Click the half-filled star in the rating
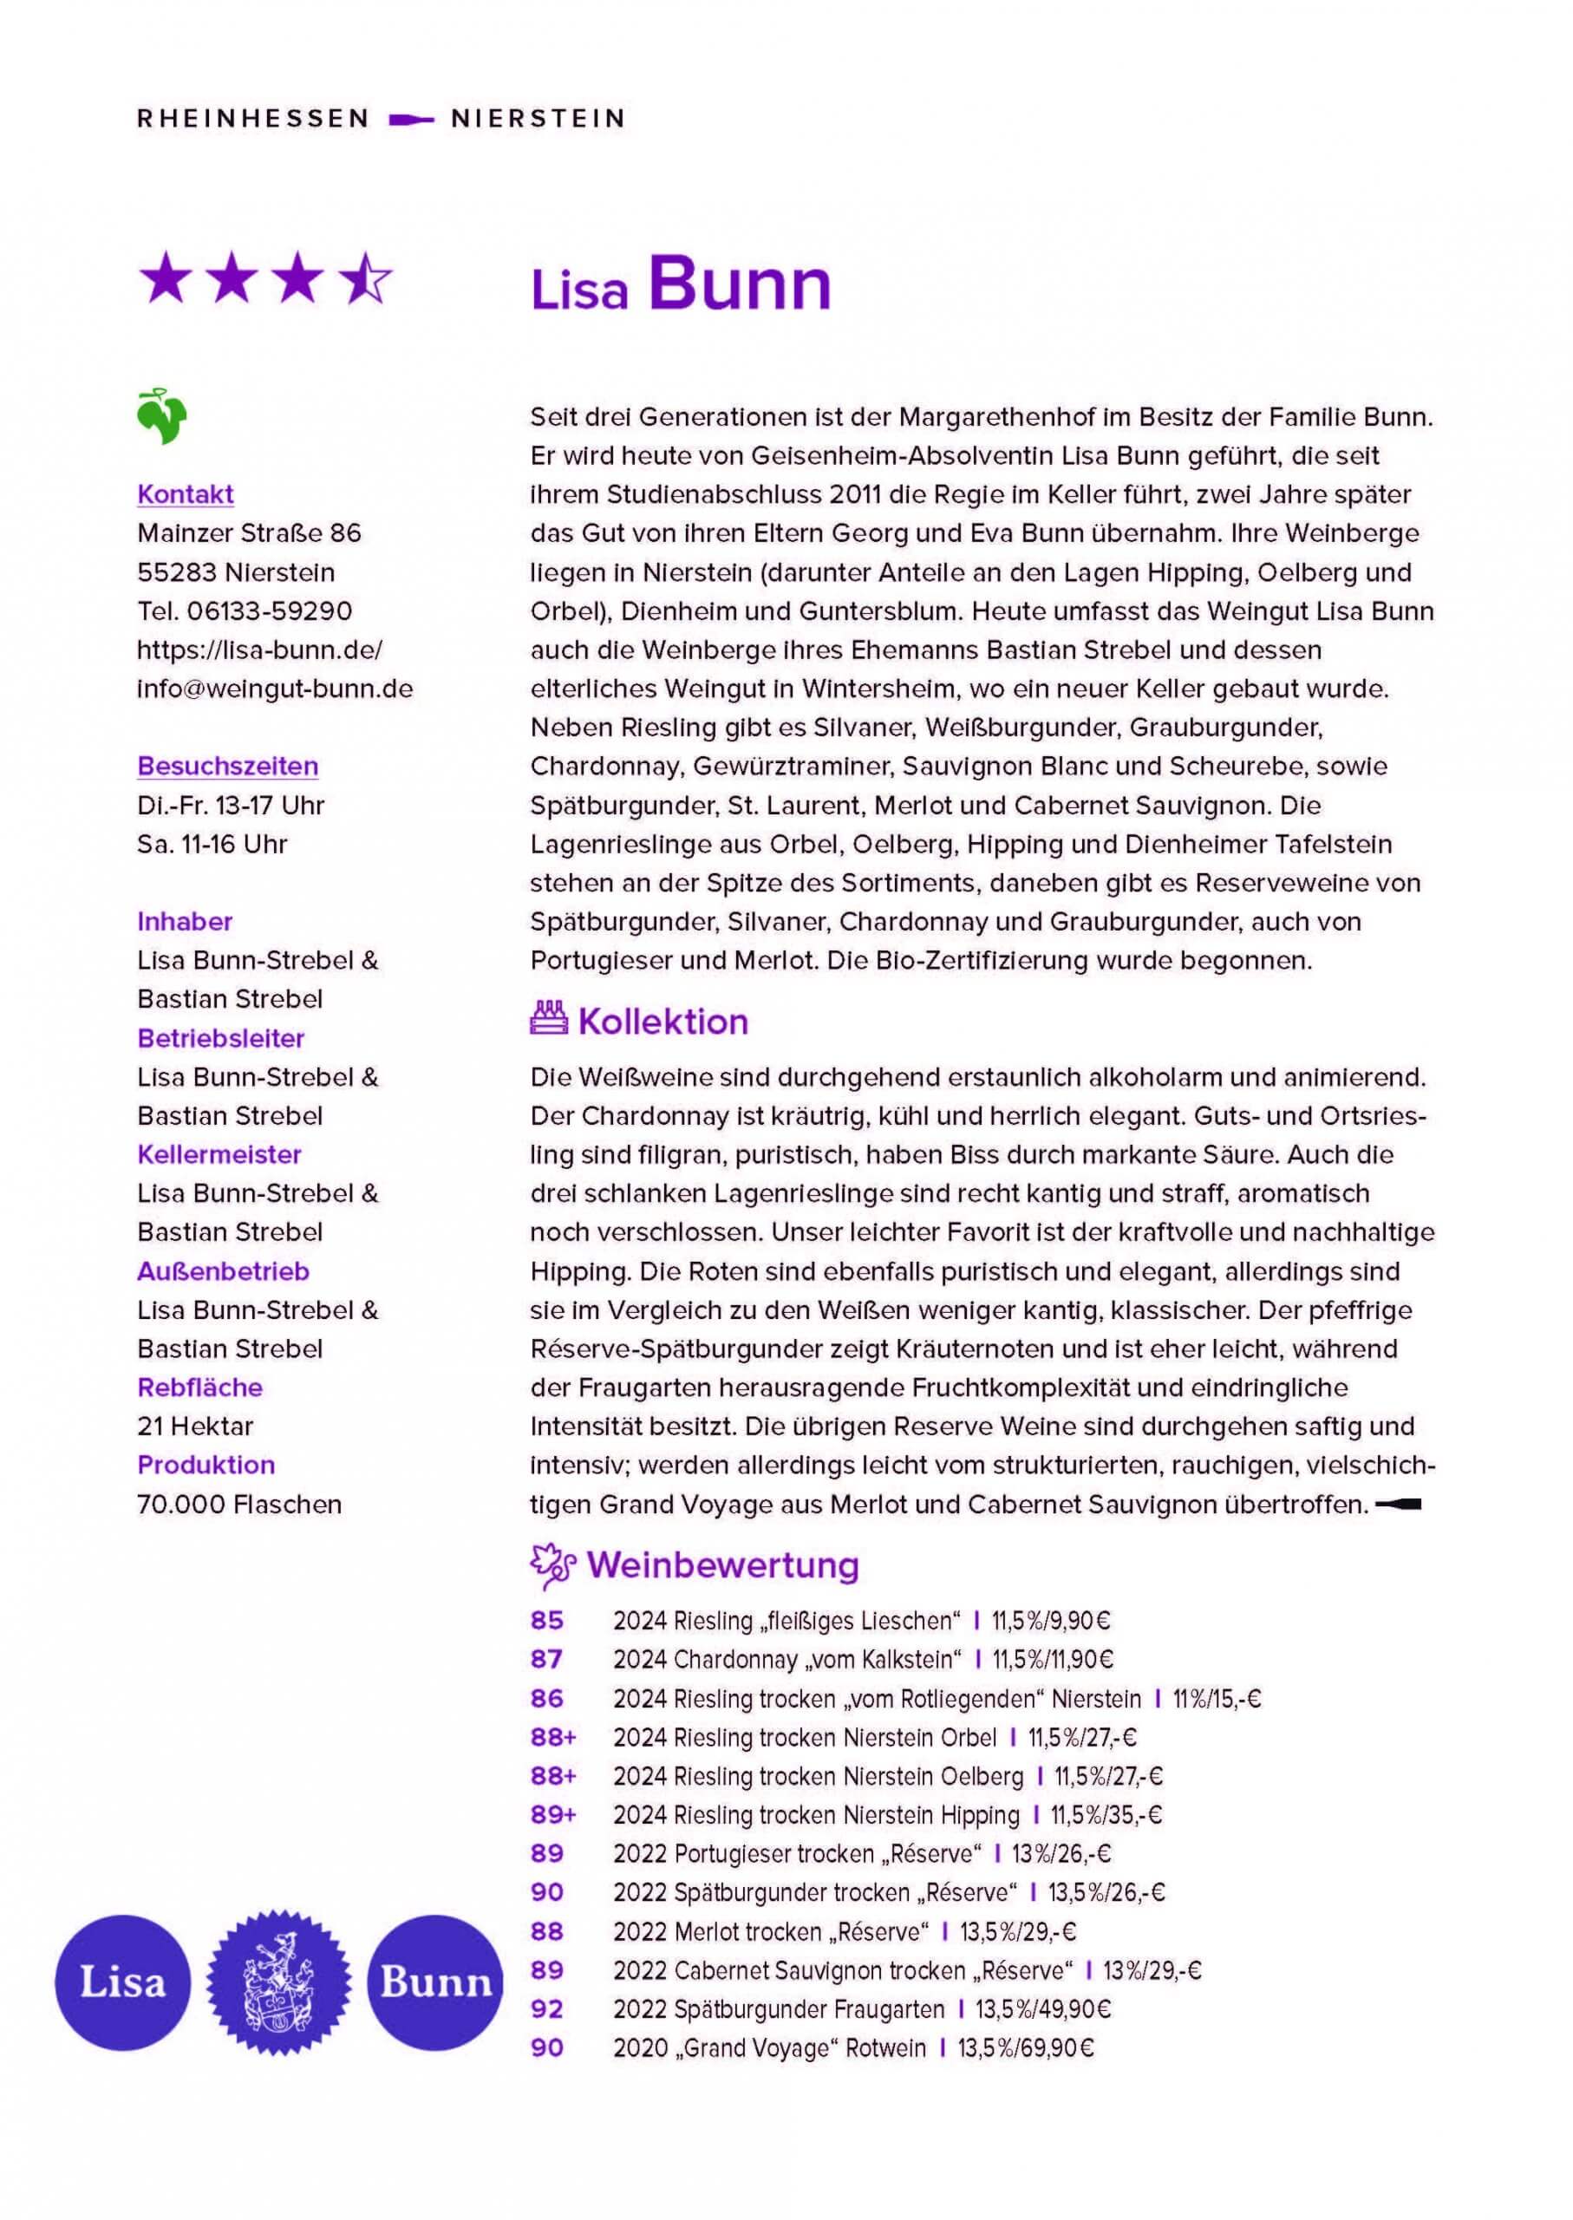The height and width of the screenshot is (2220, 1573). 366,279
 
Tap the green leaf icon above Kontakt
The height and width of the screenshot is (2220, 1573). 162,416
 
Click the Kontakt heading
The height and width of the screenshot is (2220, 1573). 185,494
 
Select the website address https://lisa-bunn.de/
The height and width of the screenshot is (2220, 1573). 258,649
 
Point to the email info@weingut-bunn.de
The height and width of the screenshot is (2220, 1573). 274,689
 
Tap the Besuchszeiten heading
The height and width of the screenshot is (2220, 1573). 226,766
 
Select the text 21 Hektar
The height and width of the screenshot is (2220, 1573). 195,1426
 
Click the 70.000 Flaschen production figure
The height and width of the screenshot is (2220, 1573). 239,1505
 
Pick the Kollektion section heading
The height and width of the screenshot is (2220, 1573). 662,1022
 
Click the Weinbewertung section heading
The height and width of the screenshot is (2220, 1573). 721,1565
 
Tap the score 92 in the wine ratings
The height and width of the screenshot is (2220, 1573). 546,2010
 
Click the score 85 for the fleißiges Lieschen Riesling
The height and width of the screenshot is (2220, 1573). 546,1621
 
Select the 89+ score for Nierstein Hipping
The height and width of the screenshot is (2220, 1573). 552,1815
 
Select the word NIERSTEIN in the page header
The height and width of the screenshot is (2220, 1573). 538,119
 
